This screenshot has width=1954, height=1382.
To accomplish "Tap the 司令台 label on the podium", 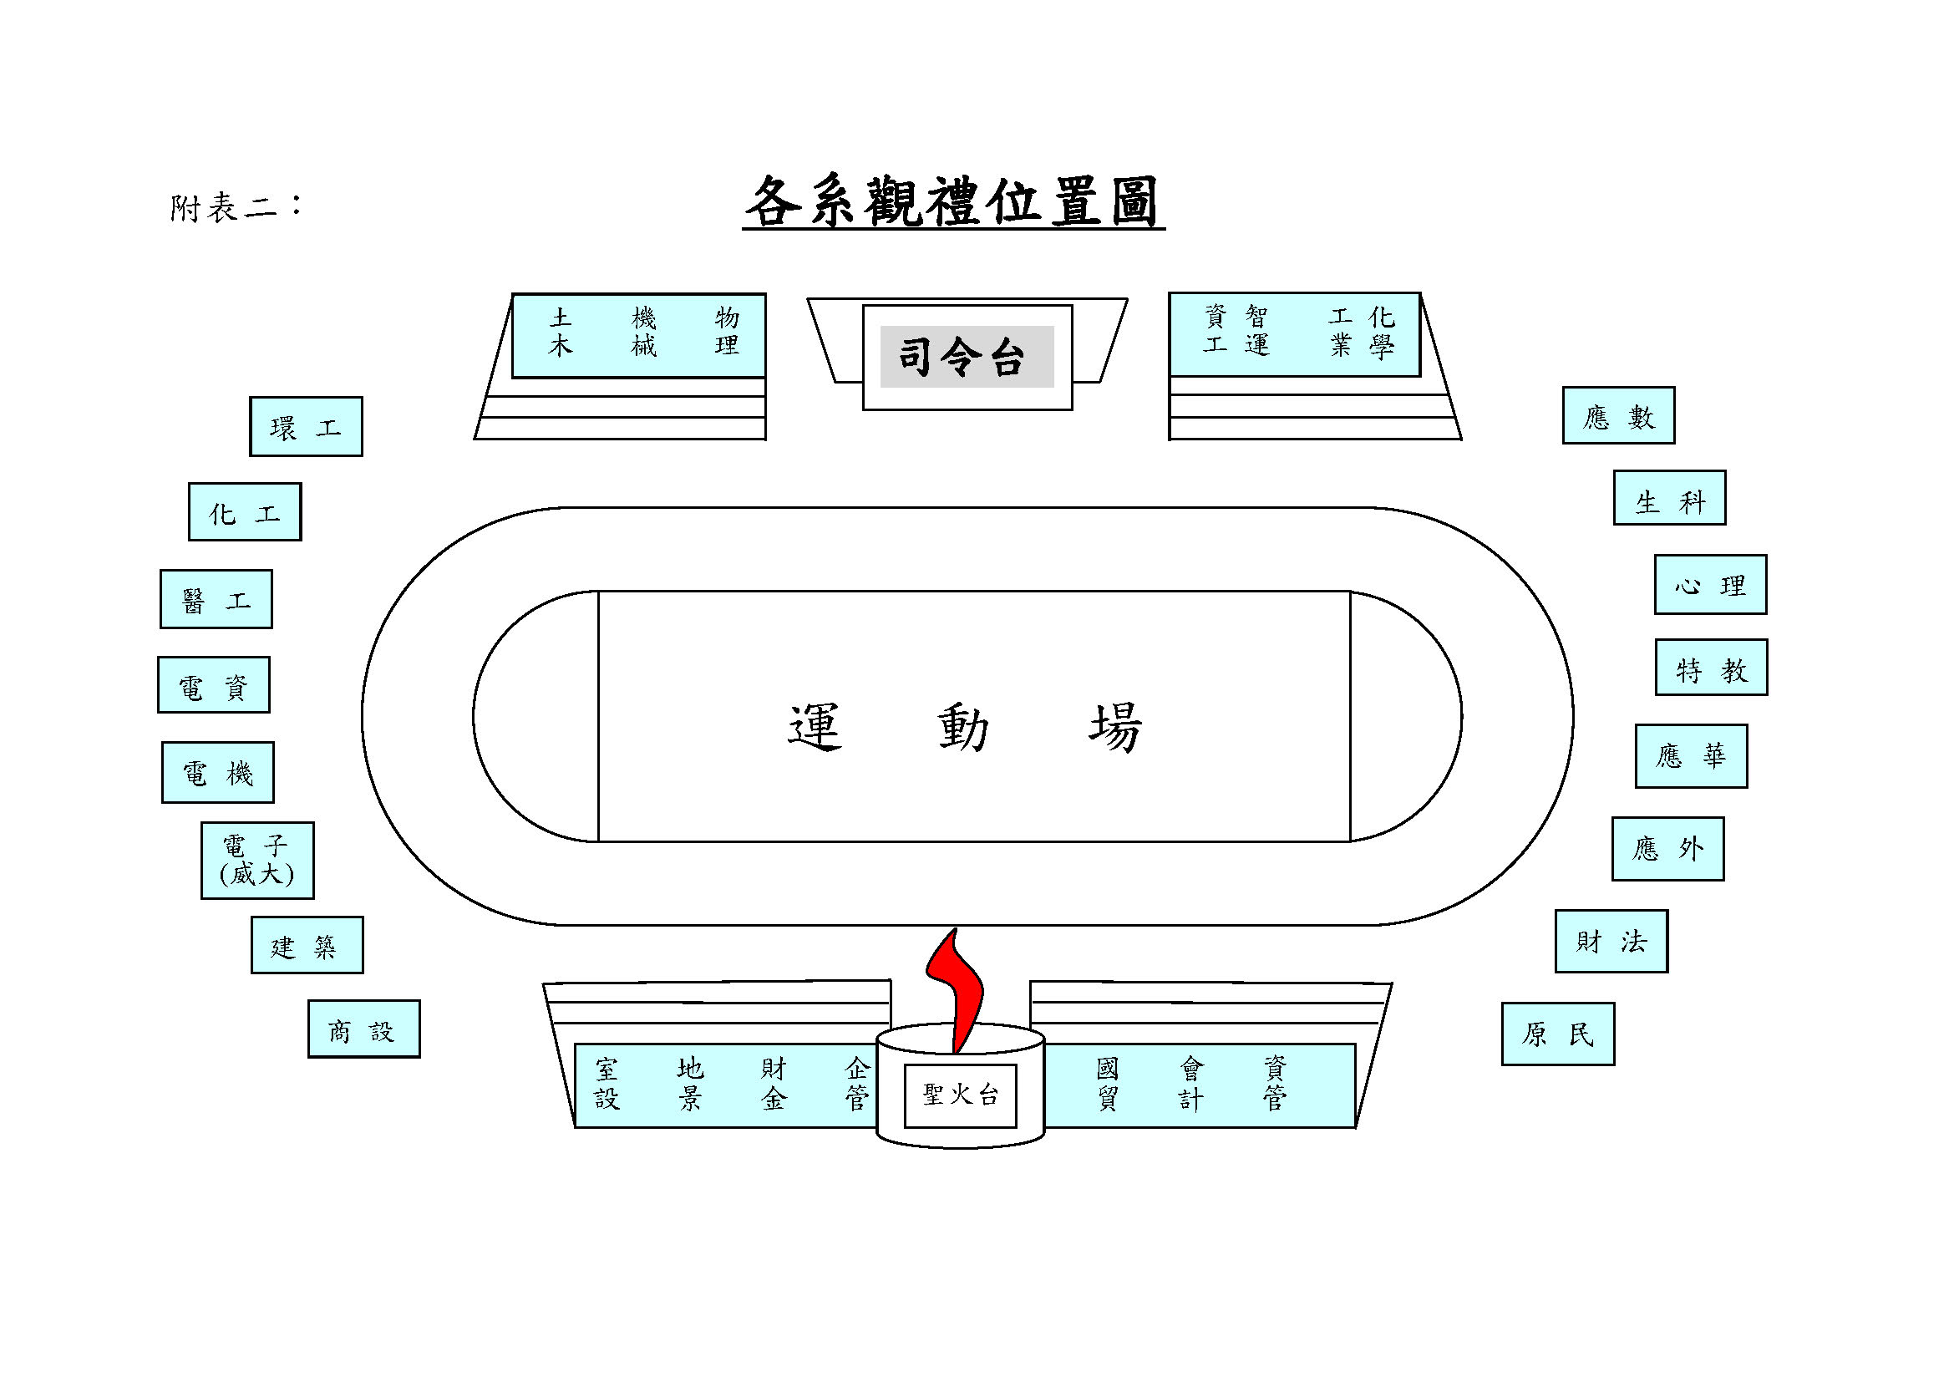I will pos(967,357).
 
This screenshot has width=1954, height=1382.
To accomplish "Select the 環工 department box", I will pos(306,426).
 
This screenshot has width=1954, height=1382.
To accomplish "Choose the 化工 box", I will pos(245,511).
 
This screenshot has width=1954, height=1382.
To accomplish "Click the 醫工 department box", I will pos(216,599).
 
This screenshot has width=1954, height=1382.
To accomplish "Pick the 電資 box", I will pos(214,685).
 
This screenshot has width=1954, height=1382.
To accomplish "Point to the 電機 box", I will pos(218,773).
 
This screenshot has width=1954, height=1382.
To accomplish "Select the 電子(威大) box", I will pos(257,861).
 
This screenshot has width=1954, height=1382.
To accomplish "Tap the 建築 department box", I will pos(307,945).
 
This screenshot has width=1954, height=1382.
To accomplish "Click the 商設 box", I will pos(363,1029).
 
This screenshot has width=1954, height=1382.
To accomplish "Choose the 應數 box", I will pos(1618,415).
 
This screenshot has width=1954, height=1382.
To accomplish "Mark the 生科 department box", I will pos(1669,498).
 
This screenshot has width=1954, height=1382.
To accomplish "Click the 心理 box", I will pos(1710,585).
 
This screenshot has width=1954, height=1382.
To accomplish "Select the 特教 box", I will pos(1711,668).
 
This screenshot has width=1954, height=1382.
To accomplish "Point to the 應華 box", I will pos(1690,756).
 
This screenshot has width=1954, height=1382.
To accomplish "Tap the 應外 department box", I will pos(1667,848).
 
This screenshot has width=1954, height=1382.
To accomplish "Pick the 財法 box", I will pos(1611,941).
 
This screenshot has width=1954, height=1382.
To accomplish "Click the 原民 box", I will pos(1557,1034).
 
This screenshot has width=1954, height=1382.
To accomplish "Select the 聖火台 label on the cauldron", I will pos(960,1095).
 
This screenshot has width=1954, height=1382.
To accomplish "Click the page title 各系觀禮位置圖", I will pos(953,202).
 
